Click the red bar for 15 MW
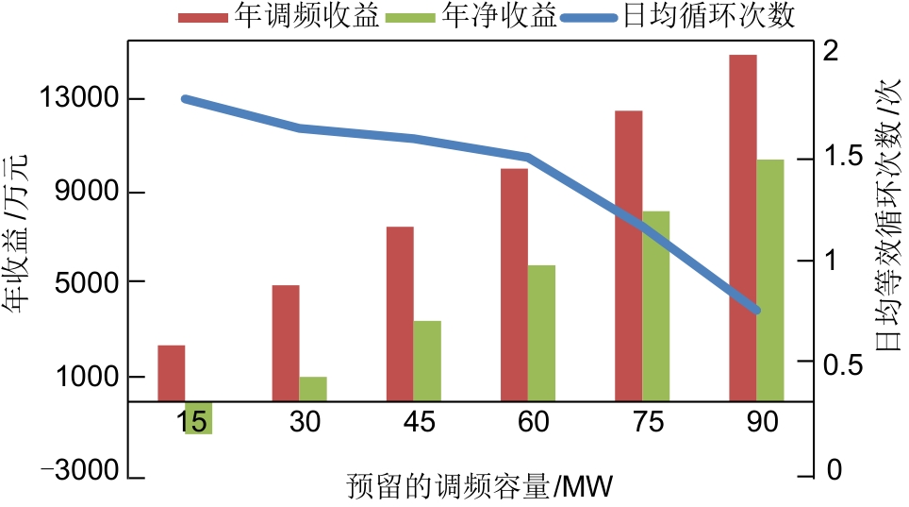[171, 373]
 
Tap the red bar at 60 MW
[514, 284]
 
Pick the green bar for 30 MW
[313, 389]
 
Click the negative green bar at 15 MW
[198, 417]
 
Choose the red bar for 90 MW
[743, 228]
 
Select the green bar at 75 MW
[656, 306]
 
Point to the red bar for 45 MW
[400, 313]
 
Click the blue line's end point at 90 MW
[755, 310]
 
